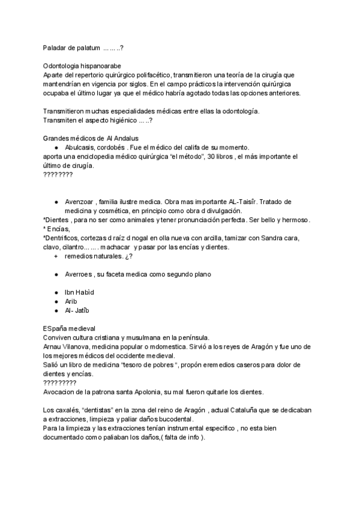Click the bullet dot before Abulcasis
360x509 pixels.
click(x=56, y=147)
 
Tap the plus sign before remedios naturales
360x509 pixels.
click(x=56, y=256)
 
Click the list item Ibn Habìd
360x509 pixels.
click(x=79, y=292)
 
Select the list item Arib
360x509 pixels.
click(x=71, y=301)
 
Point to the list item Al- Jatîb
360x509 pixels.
click(x=79, y=310)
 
